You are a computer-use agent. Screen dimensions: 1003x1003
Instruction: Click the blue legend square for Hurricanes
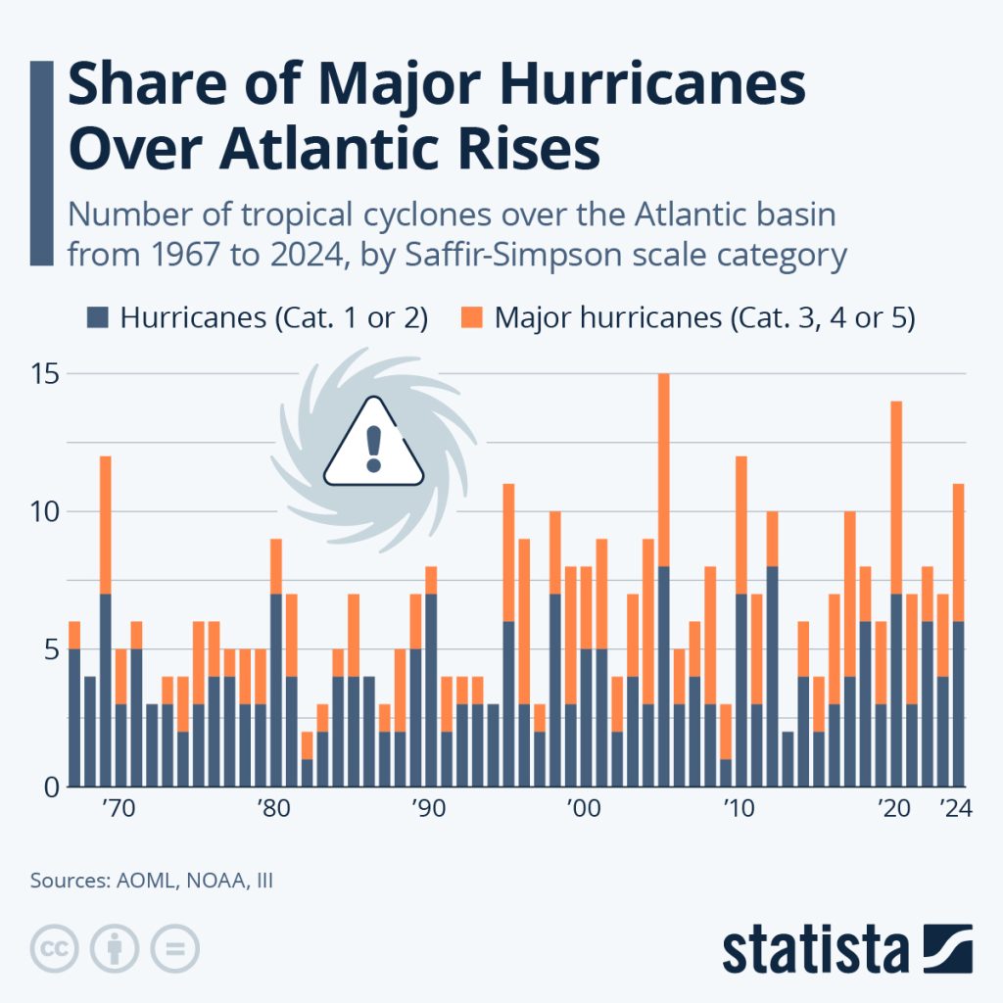coord(98,317)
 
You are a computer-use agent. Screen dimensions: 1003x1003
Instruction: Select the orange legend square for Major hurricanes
coord(472,317)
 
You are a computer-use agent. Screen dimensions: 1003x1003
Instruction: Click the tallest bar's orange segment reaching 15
coord(663,470)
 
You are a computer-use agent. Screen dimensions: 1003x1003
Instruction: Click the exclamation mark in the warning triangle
coord(373,448)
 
